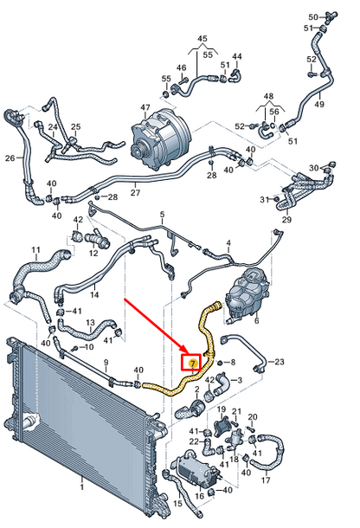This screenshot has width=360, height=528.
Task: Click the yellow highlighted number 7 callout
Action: point(192,363)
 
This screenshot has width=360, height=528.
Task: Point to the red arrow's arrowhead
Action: point(181,349)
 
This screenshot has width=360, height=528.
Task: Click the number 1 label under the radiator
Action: point(82,486)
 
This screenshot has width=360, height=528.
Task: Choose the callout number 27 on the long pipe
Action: point(135,193)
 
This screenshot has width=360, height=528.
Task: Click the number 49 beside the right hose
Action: point(319,104)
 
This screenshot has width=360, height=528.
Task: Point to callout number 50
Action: point(313,16)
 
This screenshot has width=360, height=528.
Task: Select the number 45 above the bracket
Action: point(202,38)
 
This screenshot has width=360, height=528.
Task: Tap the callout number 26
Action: point(10,158)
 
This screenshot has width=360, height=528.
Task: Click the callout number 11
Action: point(36,250)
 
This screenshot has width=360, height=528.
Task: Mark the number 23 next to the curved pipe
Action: point(280,362)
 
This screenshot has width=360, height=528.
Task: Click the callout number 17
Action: point(266,480)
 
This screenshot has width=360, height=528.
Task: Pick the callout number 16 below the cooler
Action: point(200,496)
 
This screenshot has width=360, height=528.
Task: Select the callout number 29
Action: point(287,220)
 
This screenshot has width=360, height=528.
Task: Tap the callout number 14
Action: point(94,294)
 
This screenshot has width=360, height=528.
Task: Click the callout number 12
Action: point(93,253)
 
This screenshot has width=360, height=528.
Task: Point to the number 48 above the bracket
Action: point(269,96)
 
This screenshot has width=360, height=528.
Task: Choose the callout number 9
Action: point(106,363)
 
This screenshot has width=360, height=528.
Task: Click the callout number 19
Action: point(222,409)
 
